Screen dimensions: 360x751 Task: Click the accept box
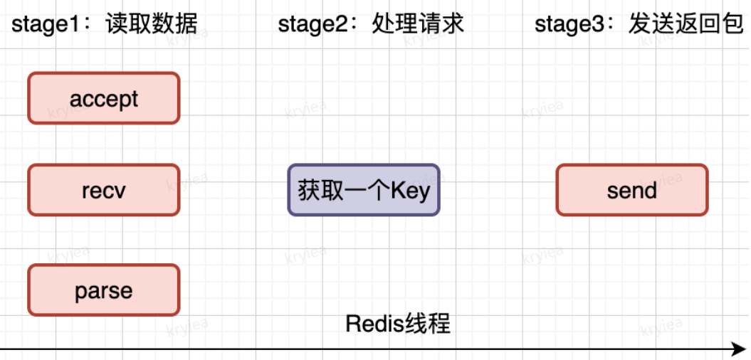(104, 98)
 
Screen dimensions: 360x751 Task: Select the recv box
(104, 190)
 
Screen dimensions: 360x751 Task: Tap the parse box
(104, 290)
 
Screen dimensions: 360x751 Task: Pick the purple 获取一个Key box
(364, 190)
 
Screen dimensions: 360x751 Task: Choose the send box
(632, 190)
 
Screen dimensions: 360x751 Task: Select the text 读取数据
(151, 25)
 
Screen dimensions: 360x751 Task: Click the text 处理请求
(418, 24)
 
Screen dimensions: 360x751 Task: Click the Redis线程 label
(398, 324)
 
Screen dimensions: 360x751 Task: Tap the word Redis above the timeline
(371, 324)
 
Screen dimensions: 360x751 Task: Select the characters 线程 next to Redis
(424, 324)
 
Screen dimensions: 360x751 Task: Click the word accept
(104, 99)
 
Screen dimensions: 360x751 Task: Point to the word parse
(104, 290)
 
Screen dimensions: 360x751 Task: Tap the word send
(632, 191)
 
